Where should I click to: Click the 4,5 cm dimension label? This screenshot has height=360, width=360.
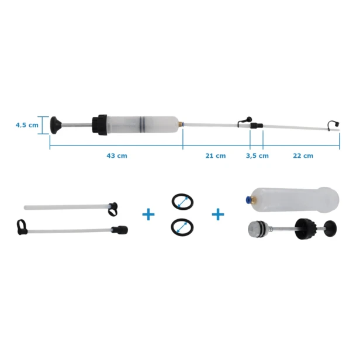tap(27, 125)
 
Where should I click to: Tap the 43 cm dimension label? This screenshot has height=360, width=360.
tap(117, 155)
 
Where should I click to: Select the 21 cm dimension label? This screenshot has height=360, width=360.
tap(216, 155)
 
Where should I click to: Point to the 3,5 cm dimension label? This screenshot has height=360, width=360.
tap(257, 155)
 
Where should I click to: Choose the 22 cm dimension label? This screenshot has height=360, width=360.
tap(303, 155)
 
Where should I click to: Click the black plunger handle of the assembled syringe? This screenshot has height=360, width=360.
tap(56, 125)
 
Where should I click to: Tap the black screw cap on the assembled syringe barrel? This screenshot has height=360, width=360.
tap(99, 125)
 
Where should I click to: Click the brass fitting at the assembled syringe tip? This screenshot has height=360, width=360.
tap(181, 124)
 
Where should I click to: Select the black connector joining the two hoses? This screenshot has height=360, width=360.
tap(257, 126)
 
